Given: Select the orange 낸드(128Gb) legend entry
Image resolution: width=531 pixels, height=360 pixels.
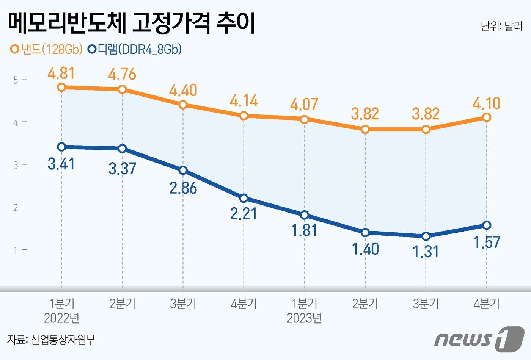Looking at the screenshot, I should [x=46, y=49].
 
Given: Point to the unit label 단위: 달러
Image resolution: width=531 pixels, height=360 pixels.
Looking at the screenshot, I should [x=501, y=26].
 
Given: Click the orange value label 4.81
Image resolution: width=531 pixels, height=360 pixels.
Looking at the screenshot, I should [x=61, y=73].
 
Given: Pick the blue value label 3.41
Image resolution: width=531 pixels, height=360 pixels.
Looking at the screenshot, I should [x=61, y=164].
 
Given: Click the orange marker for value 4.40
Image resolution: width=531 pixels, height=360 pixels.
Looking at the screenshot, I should [x=183, y=104].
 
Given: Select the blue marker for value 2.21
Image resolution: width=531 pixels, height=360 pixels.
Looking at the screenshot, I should [x=244, y=198].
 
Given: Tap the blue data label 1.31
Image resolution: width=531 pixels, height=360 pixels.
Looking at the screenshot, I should [x=426, y=252].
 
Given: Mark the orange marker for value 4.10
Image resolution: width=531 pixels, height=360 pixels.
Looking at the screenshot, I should [x=487, y=117].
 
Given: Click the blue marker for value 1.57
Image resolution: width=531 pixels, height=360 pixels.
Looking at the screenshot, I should [x=487, y=225].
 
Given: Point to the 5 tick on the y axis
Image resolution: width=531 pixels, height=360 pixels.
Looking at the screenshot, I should [x=16, y=80].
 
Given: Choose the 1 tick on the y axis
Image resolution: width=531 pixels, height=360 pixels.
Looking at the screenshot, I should [x=16, y=250].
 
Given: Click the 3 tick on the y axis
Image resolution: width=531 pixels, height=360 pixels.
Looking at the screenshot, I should [x=16, y=165].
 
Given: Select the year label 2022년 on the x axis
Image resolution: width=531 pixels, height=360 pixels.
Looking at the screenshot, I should [x=61, y=318].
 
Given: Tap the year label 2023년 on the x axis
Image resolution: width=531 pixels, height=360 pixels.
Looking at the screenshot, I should [x=304, y=318].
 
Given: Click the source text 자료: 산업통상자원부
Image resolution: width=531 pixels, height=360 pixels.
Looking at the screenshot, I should [x=51, y=339].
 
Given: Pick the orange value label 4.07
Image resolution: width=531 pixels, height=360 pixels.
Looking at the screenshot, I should [x=304, y=104].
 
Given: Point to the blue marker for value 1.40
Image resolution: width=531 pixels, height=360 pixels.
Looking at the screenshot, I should [x=365, y=232].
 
